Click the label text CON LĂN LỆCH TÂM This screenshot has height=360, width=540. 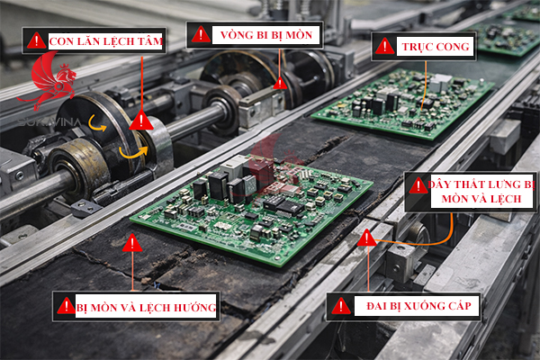point(105,41)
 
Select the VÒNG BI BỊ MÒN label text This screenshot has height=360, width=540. point(266,35)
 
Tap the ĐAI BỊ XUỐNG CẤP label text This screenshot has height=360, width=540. point(418,306)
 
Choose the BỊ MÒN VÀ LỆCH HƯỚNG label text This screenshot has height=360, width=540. point(147,307)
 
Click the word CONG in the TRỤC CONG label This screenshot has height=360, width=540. point(451,47)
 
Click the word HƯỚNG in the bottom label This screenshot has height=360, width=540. point(195,307)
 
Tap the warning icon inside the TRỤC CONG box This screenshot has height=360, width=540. point(384,46)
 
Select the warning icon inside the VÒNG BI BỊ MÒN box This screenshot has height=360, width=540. point(201,34)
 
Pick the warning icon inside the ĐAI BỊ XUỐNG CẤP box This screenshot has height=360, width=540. point(341,306)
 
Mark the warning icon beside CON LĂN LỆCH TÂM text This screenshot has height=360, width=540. point(37,40)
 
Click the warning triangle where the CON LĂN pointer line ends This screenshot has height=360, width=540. point(141,121)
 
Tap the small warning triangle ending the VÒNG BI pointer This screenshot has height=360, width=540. point(280,83)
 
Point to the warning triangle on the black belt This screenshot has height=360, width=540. point(132,243)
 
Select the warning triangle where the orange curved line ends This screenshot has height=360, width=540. point(367,238)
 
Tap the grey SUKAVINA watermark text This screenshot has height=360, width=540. point(49,122)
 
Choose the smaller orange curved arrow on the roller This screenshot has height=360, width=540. point(96,123)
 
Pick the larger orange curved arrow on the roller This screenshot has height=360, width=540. point(133,152)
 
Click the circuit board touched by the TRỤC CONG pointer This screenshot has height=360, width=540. point(403,103)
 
